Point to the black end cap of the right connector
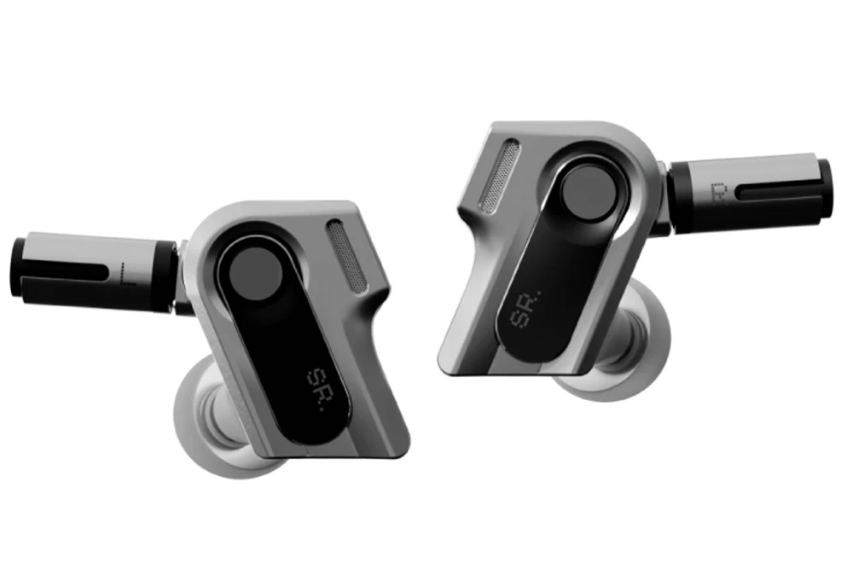pos(824,192)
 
